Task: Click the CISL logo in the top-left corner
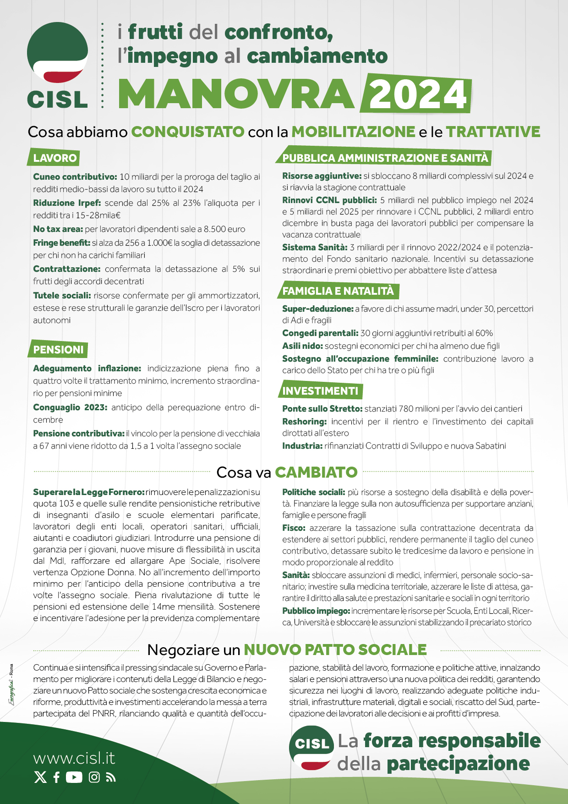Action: [57, 64]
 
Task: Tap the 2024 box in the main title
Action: [416, 94]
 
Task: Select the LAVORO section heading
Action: [55, 158]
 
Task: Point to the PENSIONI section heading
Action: [58, 350]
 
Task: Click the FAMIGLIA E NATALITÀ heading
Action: [338, 291]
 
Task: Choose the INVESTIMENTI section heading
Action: [320, 391]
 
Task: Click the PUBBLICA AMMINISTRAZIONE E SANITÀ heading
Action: [385, 158]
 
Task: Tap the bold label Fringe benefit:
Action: [61, 243]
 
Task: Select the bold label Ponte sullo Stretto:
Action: [322, 409]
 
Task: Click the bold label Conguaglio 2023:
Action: [70, 408]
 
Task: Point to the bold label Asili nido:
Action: [302, 346]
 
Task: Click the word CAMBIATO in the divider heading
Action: [316, 473]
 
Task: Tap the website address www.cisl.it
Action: [74, 758]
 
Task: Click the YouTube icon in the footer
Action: [74, 777]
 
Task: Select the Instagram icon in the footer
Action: [94, 777]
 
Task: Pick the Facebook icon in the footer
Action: [56, 777]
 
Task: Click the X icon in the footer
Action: [40, 777]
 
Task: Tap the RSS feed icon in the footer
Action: [111, 777]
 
